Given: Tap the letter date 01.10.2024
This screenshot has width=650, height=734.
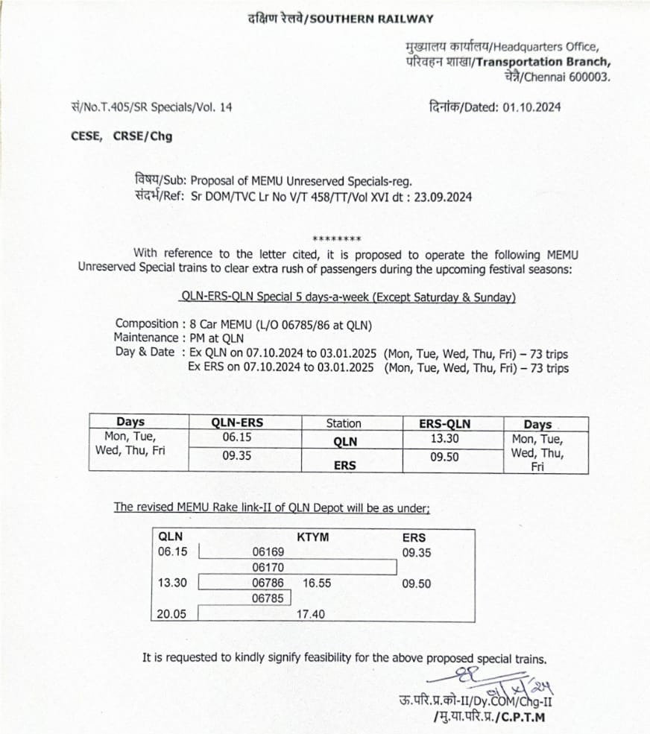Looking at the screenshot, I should (x=531, y=107).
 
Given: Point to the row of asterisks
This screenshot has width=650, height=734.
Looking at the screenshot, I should (x=337, y=239).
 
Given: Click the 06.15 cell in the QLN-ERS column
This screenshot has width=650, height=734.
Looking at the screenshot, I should (x=236, y=437).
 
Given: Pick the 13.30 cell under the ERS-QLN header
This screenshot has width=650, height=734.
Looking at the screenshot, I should (x=445, y=437).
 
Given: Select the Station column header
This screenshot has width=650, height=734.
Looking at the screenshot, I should (x=344, y=423).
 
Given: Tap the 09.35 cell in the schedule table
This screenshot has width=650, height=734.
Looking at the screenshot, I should (x=236, y=456).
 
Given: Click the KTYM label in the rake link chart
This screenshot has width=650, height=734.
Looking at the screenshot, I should (x=312, y=537).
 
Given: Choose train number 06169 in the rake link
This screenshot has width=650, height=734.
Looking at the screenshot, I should (x=268, y=553).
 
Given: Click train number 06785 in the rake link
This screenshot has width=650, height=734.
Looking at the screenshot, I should (x=268, y=598).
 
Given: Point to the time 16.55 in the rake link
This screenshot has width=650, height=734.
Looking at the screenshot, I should (x=317, y=583).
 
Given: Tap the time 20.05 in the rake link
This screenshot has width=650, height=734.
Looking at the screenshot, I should (x=173, y=613).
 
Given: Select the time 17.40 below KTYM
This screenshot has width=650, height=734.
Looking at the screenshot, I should (x=312, y=614).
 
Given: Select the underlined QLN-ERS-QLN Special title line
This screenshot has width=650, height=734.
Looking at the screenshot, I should (x=348, y=297).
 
